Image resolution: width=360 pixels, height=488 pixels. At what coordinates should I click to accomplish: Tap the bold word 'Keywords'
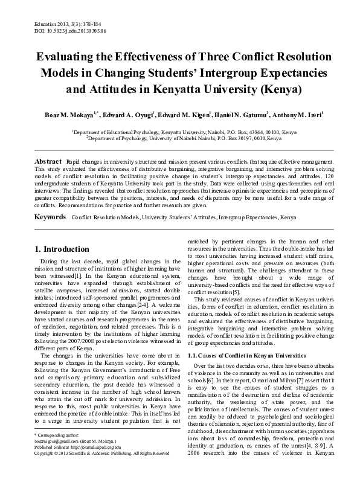pyautogui.click(x=50, y=216)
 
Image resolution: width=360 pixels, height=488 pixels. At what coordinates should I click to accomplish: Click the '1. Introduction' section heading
pyautogui.click(x=54, y=249)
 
